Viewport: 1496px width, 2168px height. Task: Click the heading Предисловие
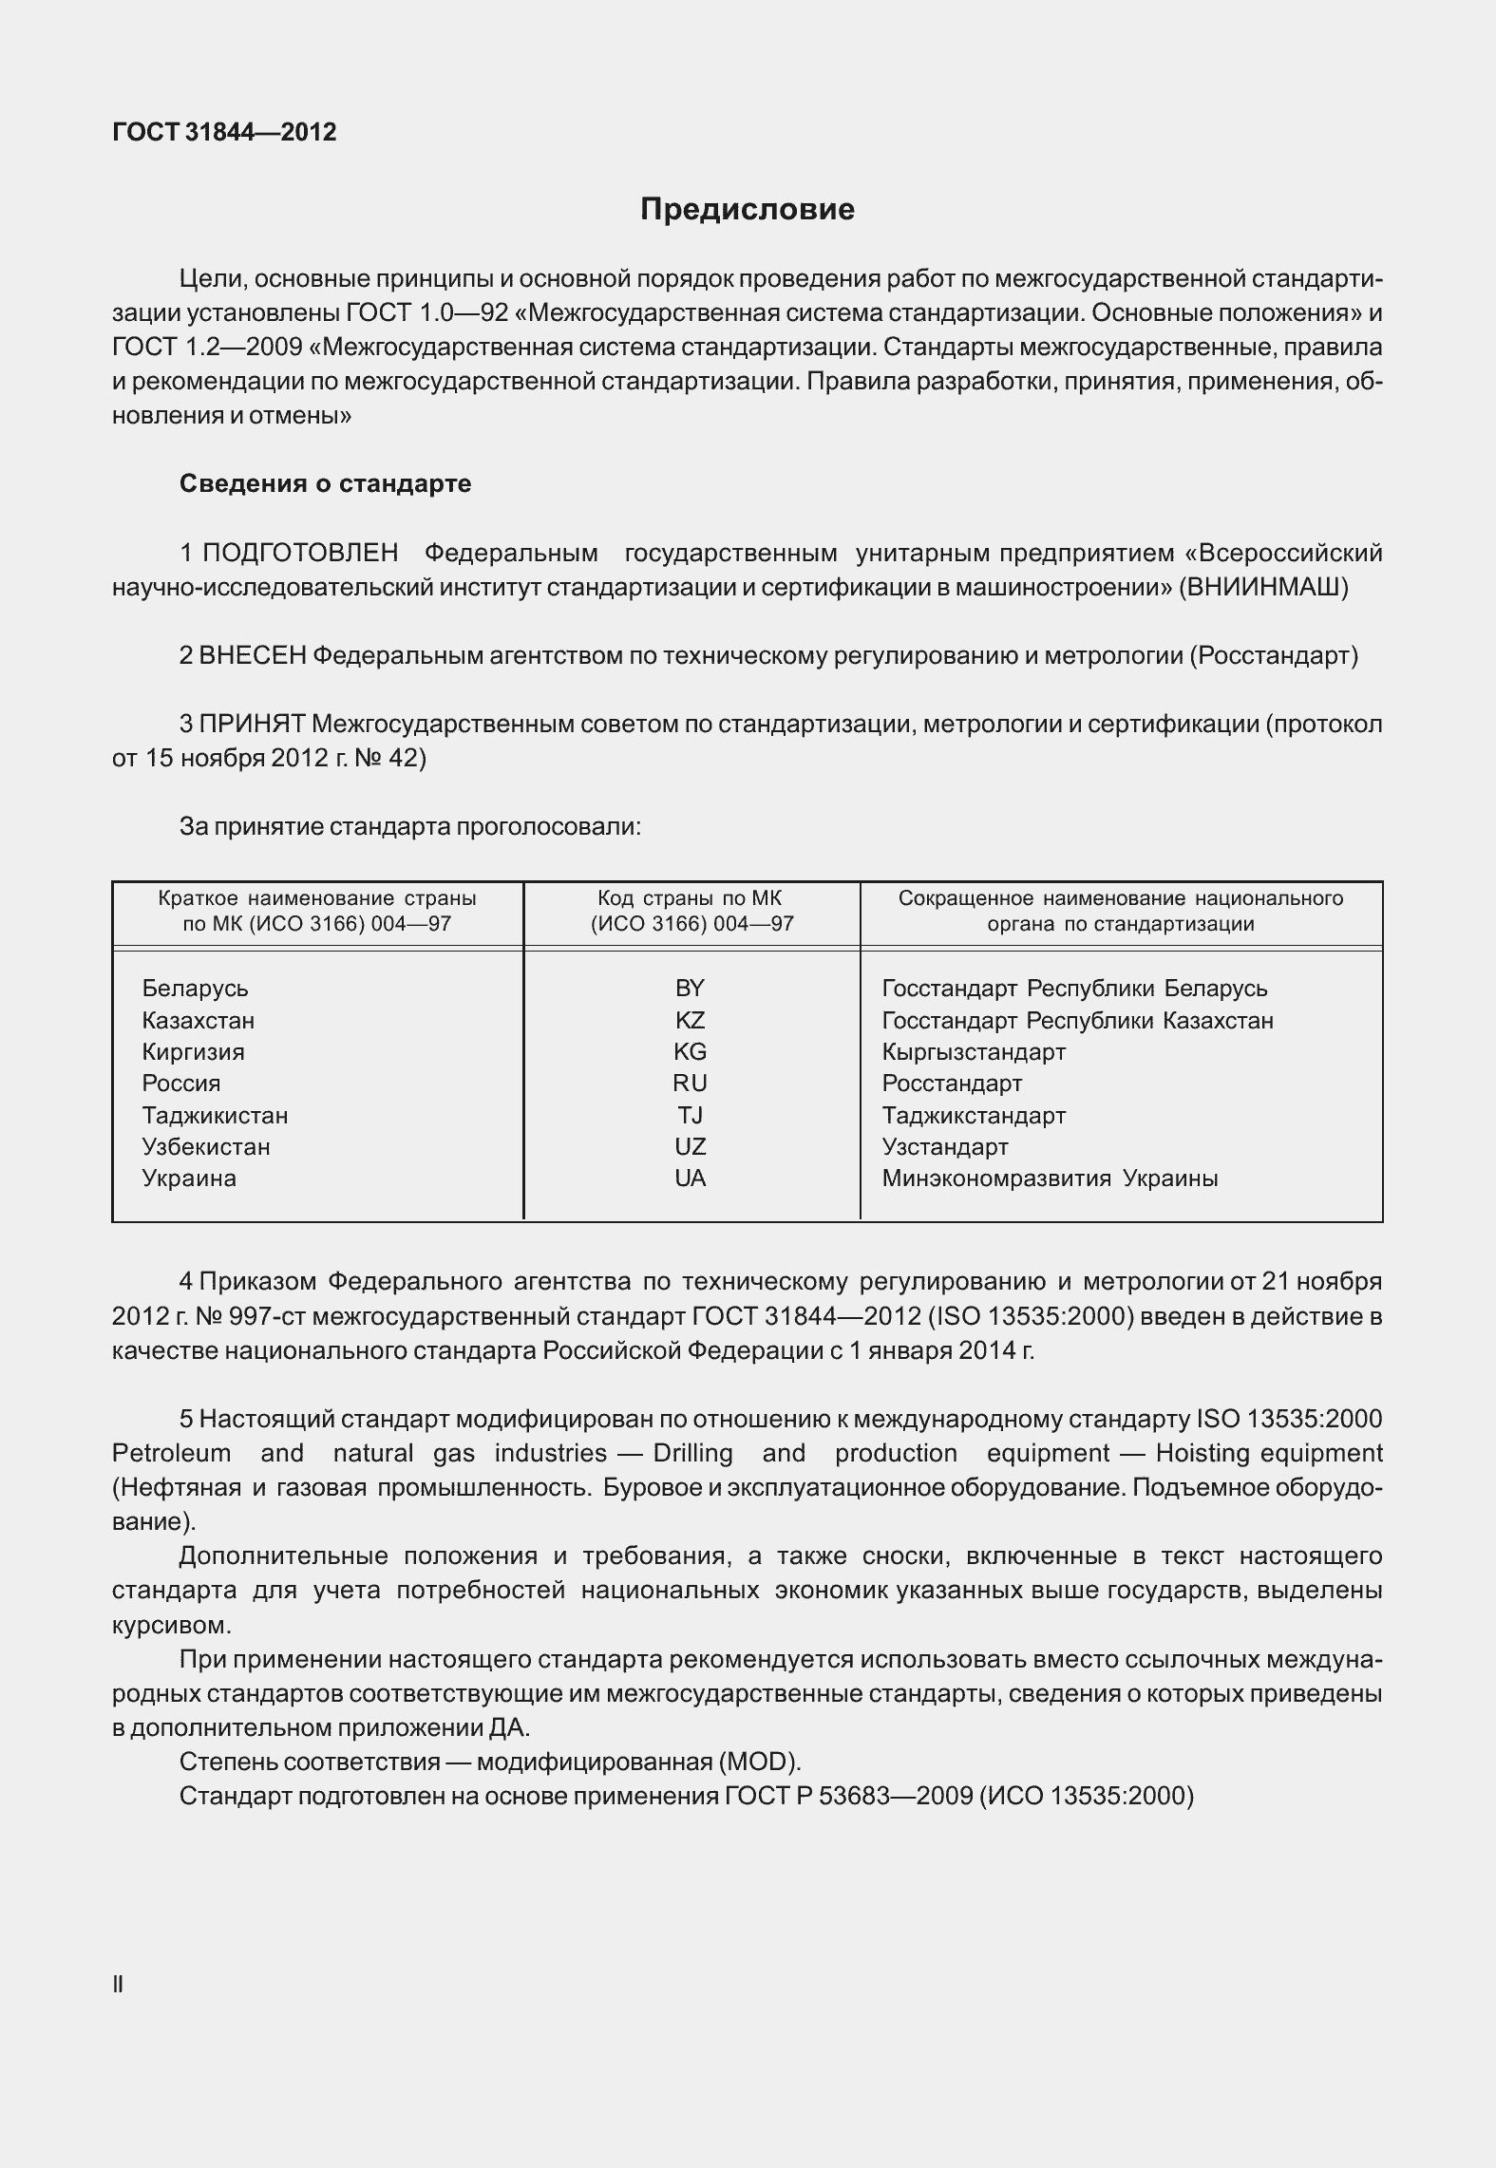[x=747, y=209]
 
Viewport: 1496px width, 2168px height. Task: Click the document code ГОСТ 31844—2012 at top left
[x=224, y=132]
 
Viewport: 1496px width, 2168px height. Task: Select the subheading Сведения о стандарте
[x=325, y=483]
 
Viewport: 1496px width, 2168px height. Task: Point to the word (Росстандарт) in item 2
[x=1273, y=655]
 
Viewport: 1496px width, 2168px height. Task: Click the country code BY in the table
[x=690, y=989]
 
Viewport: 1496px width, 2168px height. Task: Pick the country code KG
[x=690, y=1052]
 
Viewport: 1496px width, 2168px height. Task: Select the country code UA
[x=690, y=1178]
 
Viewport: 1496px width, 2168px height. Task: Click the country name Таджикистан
[x=215, y=1116]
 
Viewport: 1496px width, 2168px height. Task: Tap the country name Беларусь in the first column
[x=195, y=989]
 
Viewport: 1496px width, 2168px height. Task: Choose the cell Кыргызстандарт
[x=974, y=1052]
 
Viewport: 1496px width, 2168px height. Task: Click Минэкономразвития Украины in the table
[x=1050, y=1178]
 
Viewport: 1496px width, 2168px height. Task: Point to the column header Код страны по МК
[x=690, y=898]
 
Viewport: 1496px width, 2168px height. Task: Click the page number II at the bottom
[x=118, y=1984]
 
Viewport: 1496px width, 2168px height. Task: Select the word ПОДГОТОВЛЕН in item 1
[x=300, y=553]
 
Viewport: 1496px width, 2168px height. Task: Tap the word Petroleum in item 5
[x=171, y=1453]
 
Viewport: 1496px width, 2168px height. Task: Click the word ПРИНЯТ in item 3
[x=252, y=725]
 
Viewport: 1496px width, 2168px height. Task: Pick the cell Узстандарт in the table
[x=944, y=1147]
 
